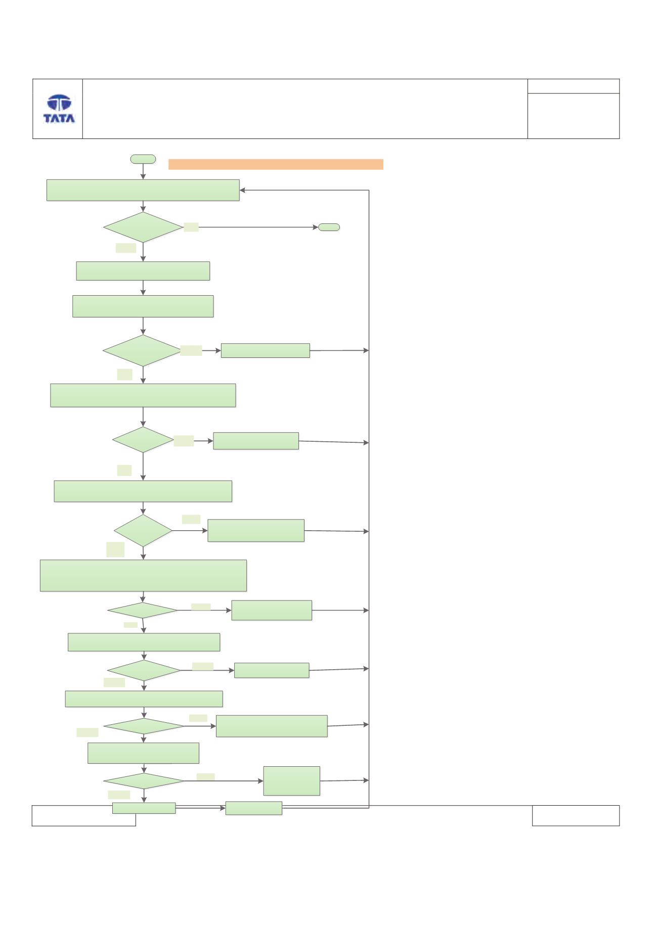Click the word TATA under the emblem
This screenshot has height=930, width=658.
pos(59,118)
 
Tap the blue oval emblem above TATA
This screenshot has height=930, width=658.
pos(59,103)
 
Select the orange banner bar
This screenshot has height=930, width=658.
pos(276,164)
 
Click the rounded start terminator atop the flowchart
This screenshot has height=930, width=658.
pos(143,159)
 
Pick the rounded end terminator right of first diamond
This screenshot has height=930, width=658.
pos(329,227)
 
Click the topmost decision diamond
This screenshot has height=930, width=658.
pos(143,227)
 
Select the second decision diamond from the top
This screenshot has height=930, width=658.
pos(142,350)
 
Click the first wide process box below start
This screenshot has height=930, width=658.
pos(143,190)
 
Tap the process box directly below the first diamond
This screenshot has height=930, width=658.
pos(143,271)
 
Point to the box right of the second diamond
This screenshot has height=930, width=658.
pos(266,351)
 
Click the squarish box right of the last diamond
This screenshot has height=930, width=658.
pos(292,781)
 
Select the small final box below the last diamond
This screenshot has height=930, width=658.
pos(144,808)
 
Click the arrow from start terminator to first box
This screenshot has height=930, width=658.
pos(143,171)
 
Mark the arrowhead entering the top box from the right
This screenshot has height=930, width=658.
pos(243,191)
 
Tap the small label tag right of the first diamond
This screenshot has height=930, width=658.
pos(191,227)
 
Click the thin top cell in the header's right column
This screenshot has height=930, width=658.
pos(574,86)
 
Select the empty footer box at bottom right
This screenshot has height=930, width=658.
pos(576,816)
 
